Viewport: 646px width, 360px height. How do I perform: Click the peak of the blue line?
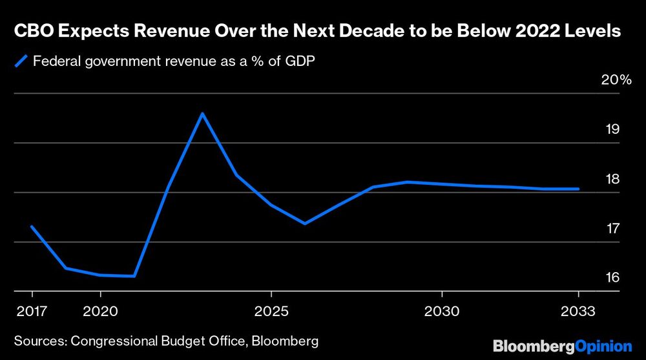[202, 114]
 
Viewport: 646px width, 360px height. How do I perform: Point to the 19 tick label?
[612, 129]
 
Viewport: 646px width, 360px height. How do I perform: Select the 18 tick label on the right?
[612, 179]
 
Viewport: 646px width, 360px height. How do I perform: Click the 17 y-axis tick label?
[612, 228]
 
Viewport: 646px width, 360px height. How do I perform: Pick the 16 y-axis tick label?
[612, 277]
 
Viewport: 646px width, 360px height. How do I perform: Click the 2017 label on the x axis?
[31, 311]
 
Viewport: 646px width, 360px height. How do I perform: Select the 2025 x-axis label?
[271, 311]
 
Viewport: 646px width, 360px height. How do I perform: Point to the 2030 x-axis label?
[442, 311]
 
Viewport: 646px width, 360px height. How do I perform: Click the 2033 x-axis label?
[578, 311]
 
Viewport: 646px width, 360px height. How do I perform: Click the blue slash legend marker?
[21, 62]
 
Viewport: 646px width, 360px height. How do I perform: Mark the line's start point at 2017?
[31, 226]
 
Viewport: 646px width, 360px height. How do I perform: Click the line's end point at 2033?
[578, 189]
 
